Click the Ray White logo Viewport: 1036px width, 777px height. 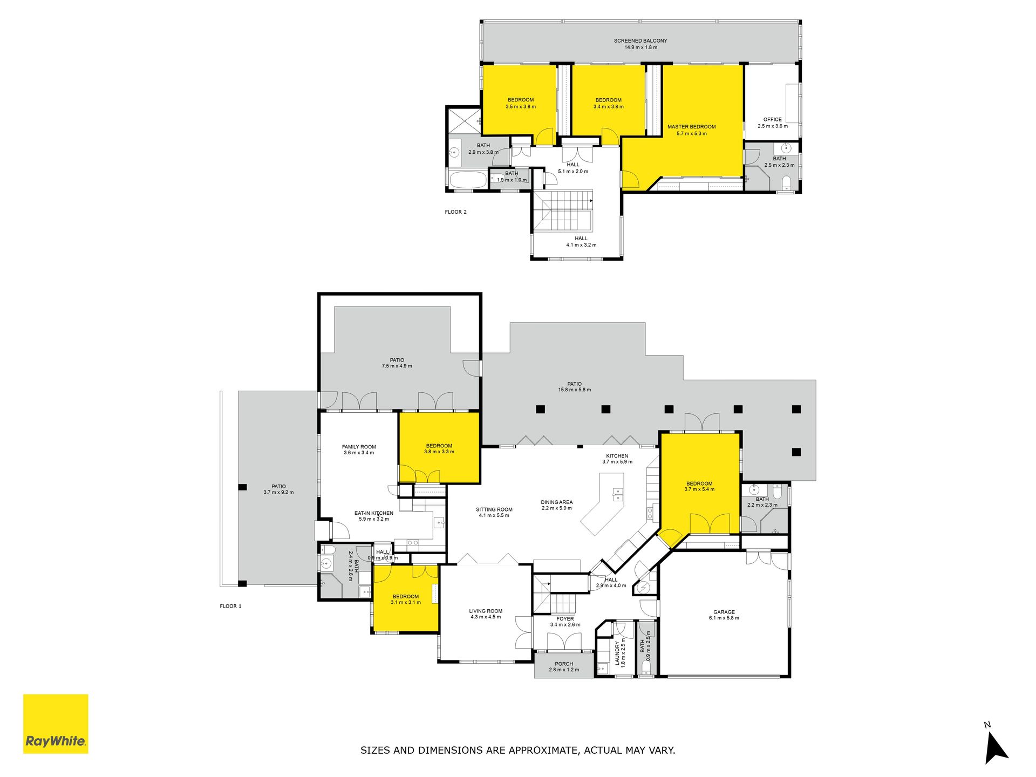point(56,724)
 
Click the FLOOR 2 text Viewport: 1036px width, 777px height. point(456,212)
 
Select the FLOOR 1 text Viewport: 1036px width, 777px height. point(231,606)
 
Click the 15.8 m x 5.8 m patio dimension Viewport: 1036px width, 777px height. point(575,390)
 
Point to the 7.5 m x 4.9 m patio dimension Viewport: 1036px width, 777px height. point(397,366)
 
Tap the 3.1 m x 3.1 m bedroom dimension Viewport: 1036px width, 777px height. point(406,602)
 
